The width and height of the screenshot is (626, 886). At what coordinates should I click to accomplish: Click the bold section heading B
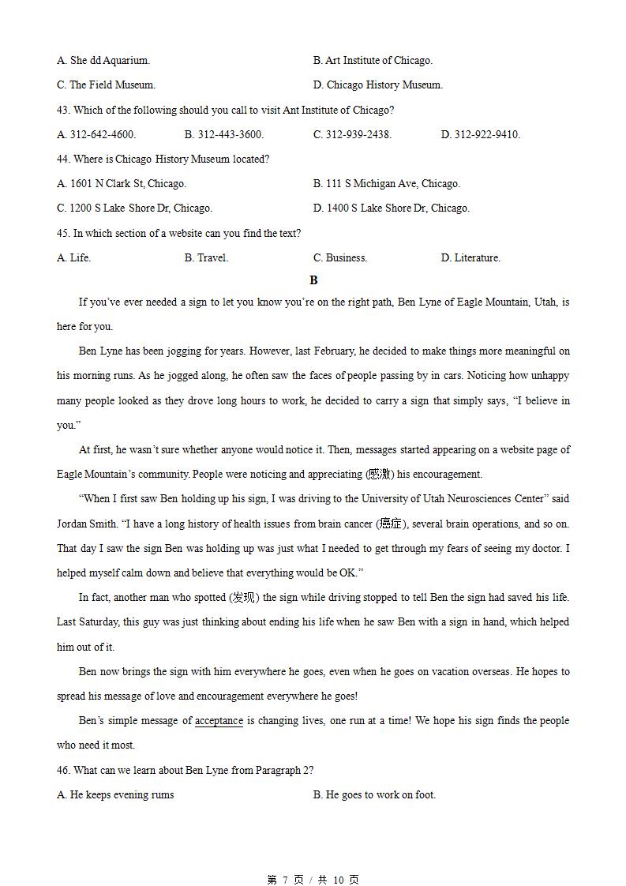313,280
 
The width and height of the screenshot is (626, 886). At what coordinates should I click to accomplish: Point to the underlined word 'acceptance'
219,721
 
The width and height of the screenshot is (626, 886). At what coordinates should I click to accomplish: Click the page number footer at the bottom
313,880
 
